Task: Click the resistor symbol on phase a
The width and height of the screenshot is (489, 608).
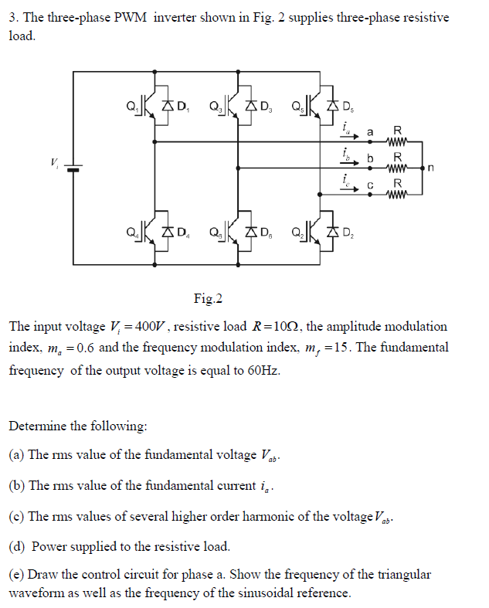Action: pos(398,141)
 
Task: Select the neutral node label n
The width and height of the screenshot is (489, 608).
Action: pos(437,165)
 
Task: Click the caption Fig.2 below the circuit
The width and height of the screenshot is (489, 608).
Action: pos(207,298)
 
